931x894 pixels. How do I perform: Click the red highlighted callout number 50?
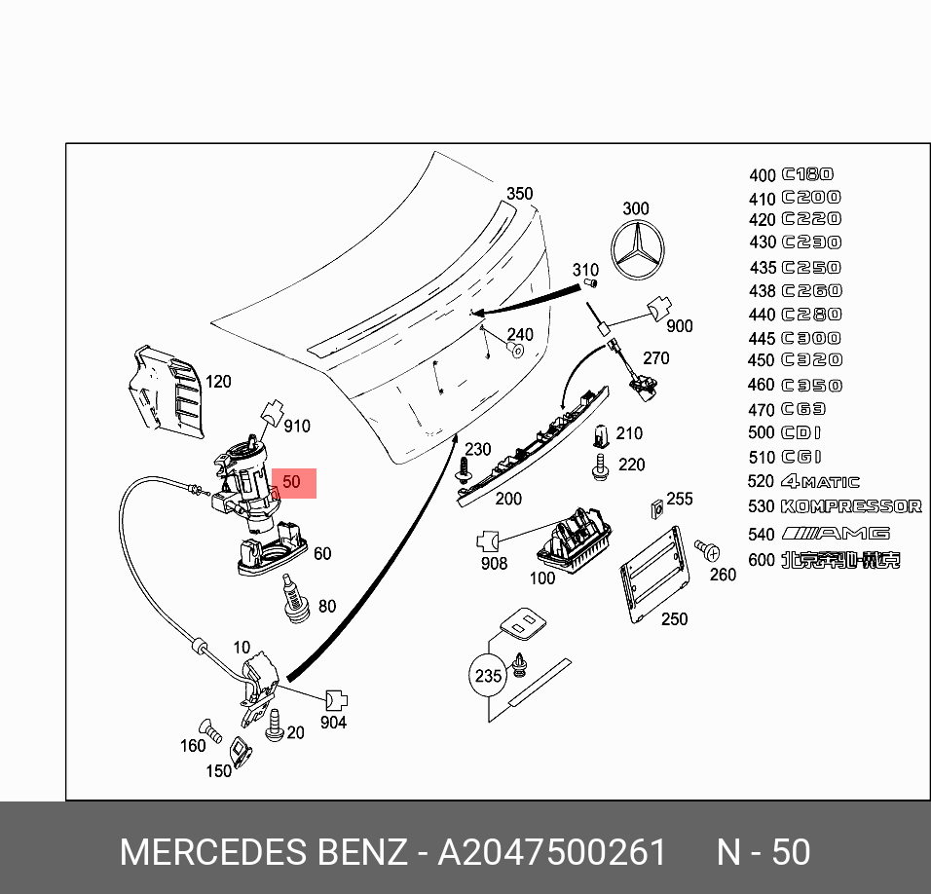292,482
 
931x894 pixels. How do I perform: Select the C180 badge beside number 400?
807,174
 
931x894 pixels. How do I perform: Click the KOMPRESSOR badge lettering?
851,506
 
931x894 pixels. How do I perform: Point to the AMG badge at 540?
836,534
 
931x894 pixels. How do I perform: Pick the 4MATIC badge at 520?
820,482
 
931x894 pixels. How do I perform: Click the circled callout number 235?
487,676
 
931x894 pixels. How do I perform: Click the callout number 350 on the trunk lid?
519,194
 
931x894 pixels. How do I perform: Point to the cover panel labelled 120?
166,390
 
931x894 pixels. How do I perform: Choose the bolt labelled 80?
294,598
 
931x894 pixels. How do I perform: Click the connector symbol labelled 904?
335,700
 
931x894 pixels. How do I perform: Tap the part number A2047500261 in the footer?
552,852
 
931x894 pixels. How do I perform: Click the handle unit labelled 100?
574,540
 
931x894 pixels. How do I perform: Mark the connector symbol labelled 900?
657,311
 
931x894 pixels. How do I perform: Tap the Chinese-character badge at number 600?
840,560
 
